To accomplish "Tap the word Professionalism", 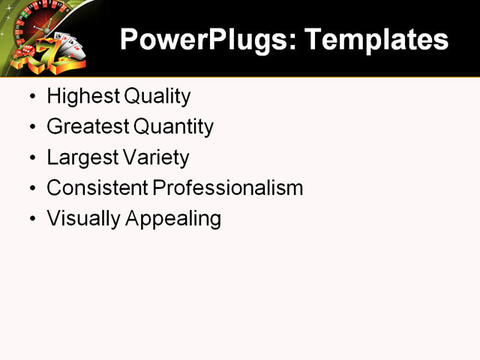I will click(x=228, y=188).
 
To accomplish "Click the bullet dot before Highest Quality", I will click(x=31, y=97).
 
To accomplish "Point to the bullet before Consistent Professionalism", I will click(x=31, y=189).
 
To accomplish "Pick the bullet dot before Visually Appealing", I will click(x=31, y=220).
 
